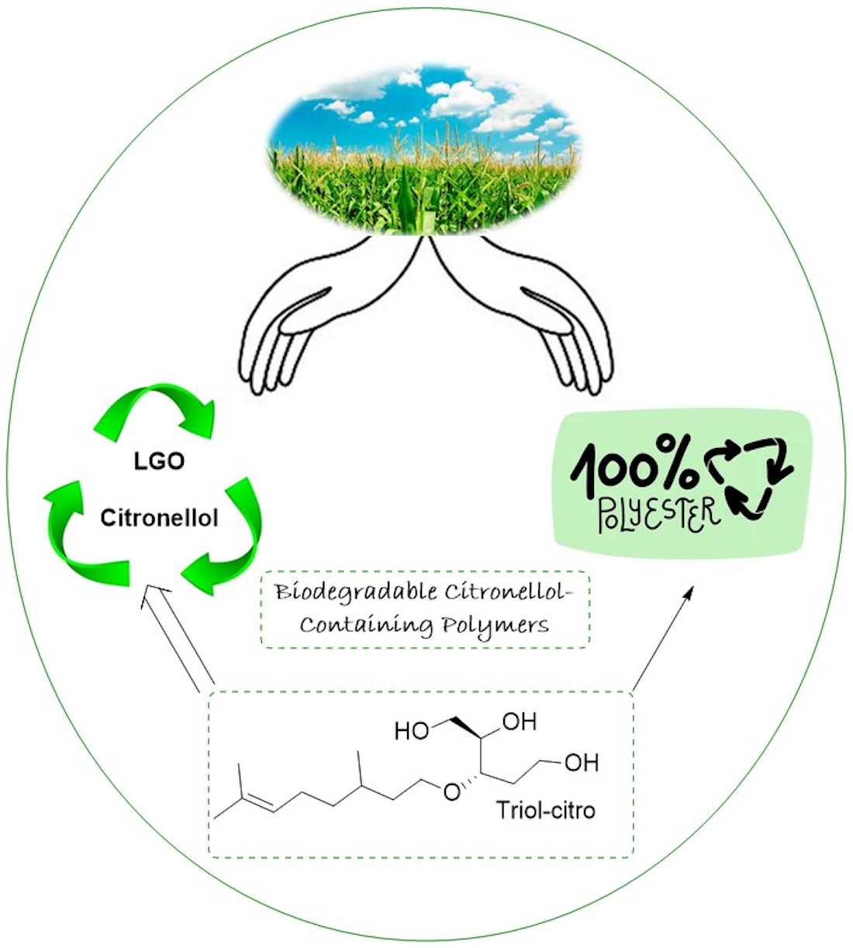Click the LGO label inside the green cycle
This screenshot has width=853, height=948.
pyautogui.click(x=159, y=461)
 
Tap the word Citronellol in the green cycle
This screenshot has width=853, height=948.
pyautogui.click(x=159, y=517)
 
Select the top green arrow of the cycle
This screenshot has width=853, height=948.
pyautogui.click(x=155, y=407)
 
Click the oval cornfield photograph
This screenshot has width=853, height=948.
pyautogui.click(x=424, y=151)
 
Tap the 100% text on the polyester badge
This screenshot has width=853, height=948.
pyautogui.click(x=632, y=469)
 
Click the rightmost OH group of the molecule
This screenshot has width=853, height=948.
pyautogui.click(x=581, y=762)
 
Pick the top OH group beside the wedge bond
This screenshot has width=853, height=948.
pyautogui.click(x=519, y=722)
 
